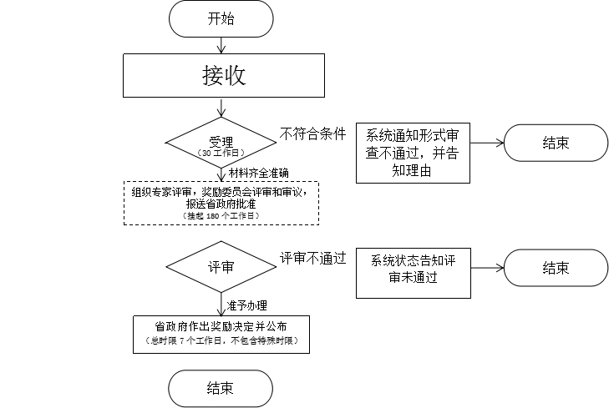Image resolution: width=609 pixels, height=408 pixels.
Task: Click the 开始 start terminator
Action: (221, 18)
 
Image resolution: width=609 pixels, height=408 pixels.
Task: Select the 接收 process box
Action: (222, 76)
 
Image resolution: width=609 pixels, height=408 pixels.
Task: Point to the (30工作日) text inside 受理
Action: (221, 154)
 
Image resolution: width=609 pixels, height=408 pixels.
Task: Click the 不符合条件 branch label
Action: (312, 134)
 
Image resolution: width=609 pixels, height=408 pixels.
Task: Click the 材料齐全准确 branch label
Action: (258, 173)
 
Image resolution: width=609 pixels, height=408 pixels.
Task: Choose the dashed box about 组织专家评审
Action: (221, 202)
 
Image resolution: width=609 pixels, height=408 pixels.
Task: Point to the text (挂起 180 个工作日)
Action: (221, 216)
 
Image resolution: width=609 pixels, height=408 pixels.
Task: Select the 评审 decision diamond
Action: (221, 267)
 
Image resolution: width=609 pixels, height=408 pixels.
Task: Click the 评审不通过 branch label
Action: (312, 259)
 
